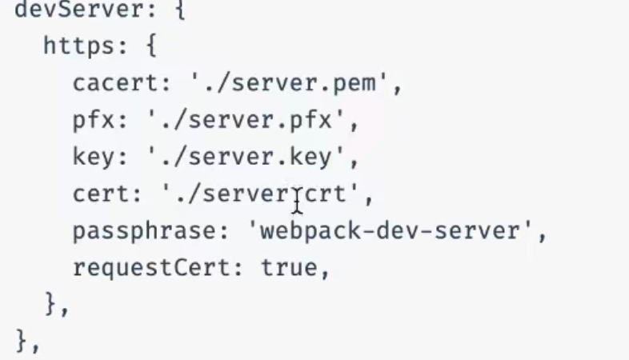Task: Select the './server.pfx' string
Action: [248, 120]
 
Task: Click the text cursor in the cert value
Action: [298, 201]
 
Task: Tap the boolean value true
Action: [290, 268]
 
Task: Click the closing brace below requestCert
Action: [51, 305]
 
